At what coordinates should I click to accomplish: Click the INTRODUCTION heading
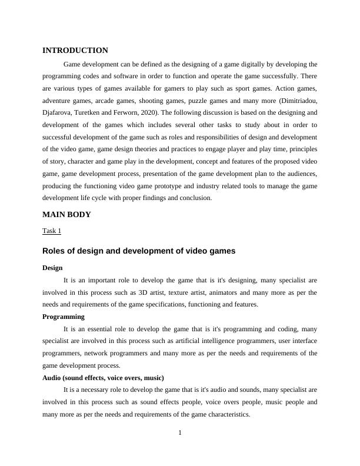click(x=75, y=51)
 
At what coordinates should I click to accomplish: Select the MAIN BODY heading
click(x=66, y=215)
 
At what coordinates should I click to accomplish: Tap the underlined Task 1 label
click(x=52, y=231)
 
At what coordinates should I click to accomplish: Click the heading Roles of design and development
click(x=139, y=251)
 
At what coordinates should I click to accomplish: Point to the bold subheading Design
click(x=52, y=268)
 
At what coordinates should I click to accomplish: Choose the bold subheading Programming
click(x=64, y=317)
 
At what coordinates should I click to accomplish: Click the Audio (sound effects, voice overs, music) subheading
click(x=103, y=378)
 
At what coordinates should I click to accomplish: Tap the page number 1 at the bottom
click(x=180, y=434)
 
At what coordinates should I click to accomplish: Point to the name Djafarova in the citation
click(x=59, y=112)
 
